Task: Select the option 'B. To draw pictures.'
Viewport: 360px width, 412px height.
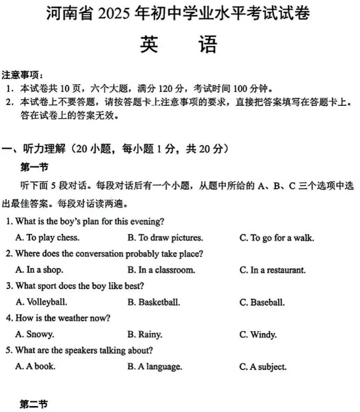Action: (x=165, y=237)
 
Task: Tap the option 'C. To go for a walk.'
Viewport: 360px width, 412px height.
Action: (x=277, y=237)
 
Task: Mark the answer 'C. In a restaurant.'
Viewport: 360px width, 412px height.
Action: (x=273, y=269)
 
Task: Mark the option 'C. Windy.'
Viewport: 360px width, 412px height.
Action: (x=258, y=334)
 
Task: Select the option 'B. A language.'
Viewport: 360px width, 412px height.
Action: (x=155, y=367)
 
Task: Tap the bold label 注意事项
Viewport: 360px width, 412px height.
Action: (x=23, y=74)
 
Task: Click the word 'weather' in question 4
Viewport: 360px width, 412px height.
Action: (x=66, y=318)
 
